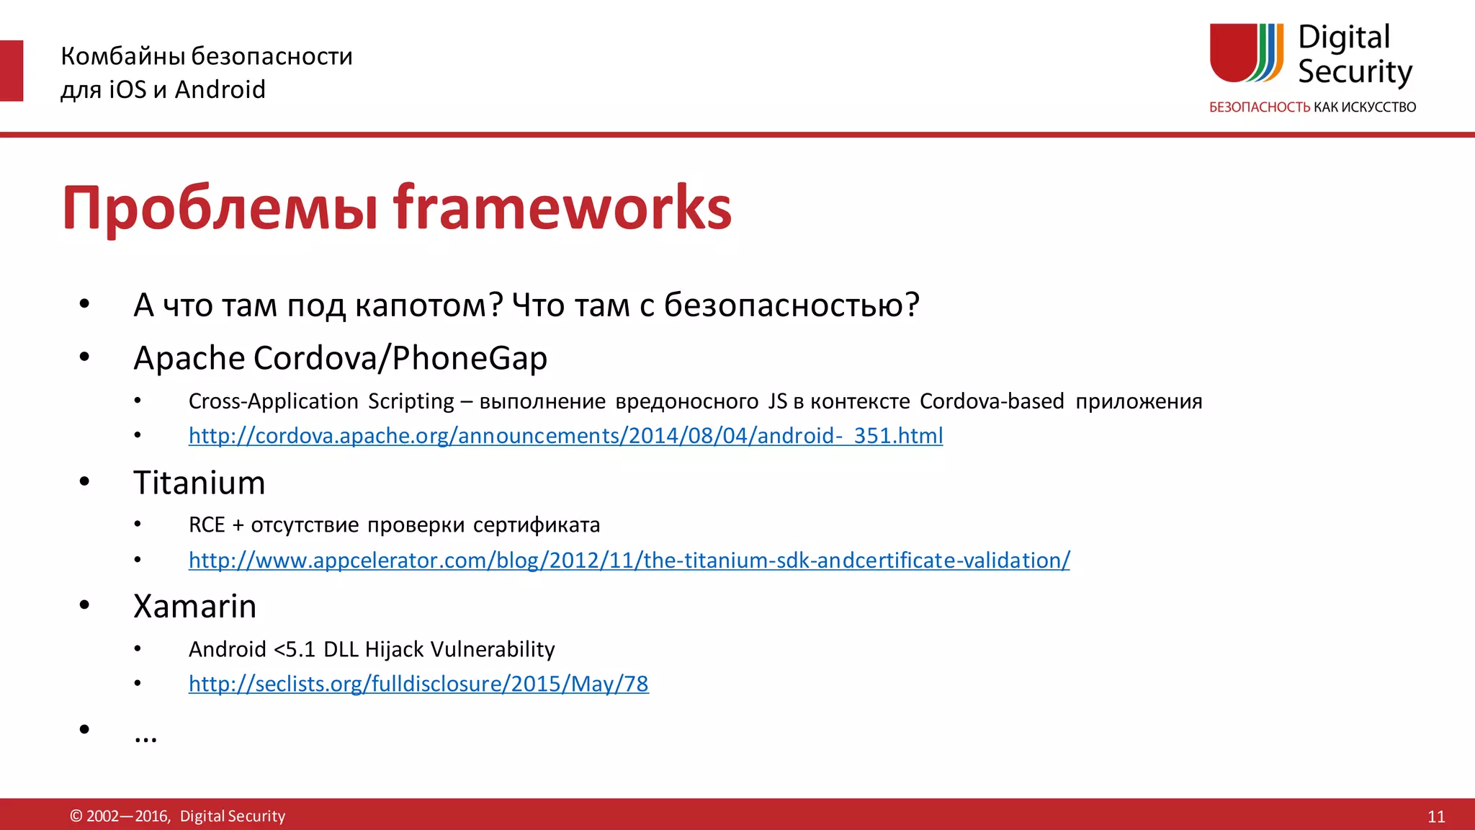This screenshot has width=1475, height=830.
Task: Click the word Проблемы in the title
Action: tap(220, 209)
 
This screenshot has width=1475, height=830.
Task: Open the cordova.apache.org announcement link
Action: tap(565, 436)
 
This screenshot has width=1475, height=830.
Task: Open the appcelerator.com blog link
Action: tap(629, 561)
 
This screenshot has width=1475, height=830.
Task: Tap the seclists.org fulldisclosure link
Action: tap(418, 684)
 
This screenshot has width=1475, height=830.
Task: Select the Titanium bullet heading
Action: tap(199, 483)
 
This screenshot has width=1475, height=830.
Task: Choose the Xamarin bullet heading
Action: tap(195, 607)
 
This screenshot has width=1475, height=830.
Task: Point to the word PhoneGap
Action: tap(470, 358)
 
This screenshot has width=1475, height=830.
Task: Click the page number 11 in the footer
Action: tap(1436, 816)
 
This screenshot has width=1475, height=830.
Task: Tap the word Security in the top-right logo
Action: tap(1355, 72)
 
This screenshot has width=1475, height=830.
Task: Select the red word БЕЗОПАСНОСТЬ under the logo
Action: tap(1259, 107)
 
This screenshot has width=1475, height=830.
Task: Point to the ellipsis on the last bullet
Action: tap(145, 736)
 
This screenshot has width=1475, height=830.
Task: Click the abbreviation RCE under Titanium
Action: tap(207, 525)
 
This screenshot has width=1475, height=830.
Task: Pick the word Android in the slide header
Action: tap(220, 89)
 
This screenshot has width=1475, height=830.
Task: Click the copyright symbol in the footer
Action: tap(76, 816)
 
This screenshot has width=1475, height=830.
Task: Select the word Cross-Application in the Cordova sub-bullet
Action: tap(273, 401)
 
